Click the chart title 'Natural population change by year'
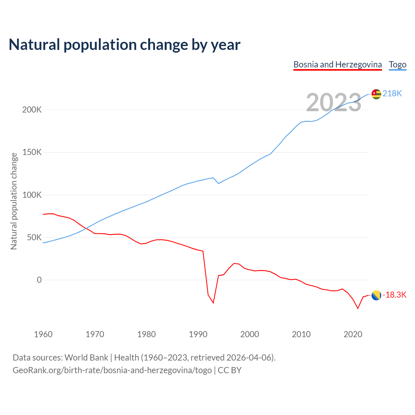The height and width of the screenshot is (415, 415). tap(124, 45)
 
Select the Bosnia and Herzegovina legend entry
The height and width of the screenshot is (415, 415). tap(338, 65)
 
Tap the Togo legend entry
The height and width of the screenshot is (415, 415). tap(397, 65)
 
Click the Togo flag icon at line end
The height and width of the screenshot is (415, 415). tap(376, 94)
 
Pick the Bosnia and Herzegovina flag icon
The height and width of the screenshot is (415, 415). tap(376, 295)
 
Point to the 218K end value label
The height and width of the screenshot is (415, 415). tap(392, 94)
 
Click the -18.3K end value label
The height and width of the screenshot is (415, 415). tap(394, 295)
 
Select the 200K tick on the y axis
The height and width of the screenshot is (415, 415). tap(32, 110)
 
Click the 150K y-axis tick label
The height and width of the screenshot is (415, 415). tap(32, 152)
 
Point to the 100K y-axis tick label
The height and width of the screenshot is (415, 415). tap(32, 195)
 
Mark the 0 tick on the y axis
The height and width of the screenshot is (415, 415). tap(39, 280)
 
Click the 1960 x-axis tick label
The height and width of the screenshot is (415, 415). tap(43, 334)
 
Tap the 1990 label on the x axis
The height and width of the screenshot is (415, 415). tap(198, 334)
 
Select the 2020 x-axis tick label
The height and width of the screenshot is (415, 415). tap(353, 334)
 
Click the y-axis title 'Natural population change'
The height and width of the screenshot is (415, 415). tap(14, 201)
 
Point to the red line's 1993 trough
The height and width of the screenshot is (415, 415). tap(213, 303)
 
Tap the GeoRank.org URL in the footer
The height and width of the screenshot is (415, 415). tap(112, 370)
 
